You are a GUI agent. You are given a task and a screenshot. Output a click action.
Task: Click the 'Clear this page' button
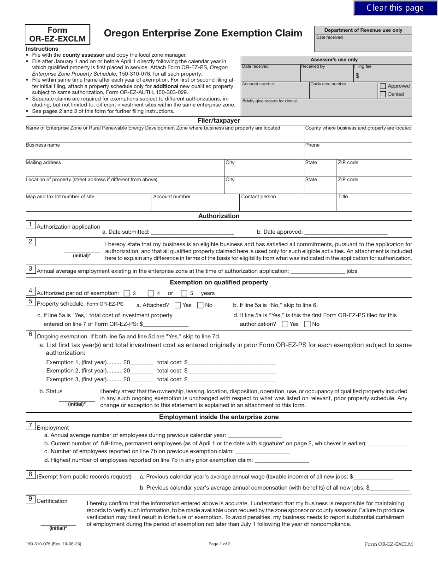[395, 8]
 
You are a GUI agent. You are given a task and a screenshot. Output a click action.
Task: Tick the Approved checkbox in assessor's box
[383, 86]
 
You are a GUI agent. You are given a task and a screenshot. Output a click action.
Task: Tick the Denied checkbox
[383, 94]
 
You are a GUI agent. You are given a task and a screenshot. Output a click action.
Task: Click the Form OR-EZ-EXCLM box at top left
[58, 35]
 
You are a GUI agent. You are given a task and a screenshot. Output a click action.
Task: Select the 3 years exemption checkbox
[127, 293]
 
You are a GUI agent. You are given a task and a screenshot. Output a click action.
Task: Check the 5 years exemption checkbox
[184, 293]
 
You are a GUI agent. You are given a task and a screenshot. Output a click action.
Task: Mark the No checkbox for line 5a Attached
[200, 305]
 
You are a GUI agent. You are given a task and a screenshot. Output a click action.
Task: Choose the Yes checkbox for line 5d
[284, 324]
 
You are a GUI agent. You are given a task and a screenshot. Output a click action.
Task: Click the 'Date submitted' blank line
[192, 232]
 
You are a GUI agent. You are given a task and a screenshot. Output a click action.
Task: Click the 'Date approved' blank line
[346, 232]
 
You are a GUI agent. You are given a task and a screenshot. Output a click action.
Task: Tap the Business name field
[164, 151]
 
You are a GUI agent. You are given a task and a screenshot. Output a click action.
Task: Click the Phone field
[357, 151]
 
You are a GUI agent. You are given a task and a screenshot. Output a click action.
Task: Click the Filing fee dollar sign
[357, 76]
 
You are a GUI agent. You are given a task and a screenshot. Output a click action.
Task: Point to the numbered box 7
[30, 425]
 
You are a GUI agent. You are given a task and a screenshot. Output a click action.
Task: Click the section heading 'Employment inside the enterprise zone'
[219, 417]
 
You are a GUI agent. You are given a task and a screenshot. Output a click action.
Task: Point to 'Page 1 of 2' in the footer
[219, 544]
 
